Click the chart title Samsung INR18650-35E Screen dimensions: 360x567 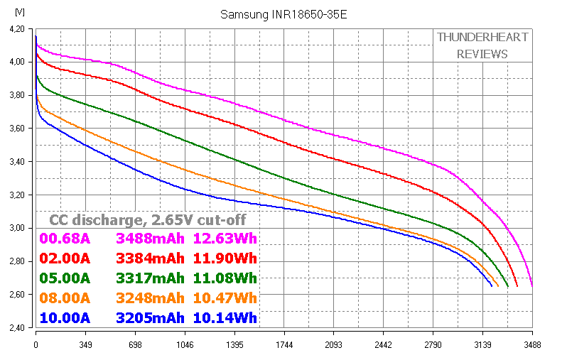click(x=283, y=14)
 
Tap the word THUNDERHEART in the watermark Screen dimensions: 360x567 click(x=482, y=37)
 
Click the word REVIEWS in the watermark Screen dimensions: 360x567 click(x=482, y=54)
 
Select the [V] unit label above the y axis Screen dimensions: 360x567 click(x=19, y=12)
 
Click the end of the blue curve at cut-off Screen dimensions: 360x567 click(x=492, y=286)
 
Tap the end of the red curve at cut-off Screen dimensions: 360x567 click(x=517, y=286)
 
